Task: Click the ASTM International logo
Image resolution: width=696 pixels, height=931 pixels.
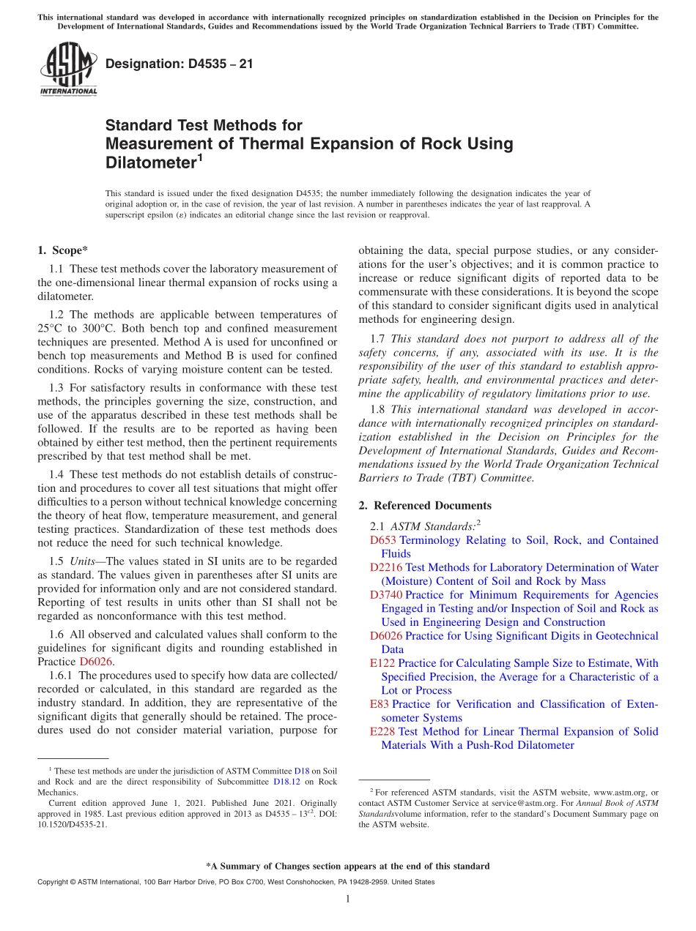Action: click(x=68, y=70)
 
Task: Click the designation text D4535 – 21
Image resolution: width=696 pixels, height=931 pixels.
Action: click(x=179, y=64)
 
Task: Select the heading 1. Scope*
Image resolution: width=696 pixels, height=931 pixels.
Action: click(x=62, y=250)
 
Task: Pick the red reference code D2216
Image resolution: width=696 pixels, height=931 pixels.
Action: click(x=386, y=567)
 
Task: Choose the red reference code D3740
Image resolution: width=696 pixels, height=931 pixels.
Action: click(x=386, y=595)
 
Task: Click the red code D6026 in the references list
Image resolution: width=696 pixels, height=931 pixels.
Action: click(x=386, y=636)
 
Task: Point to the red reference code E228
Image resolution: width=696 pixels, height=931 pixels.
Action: click(x=382, y=731)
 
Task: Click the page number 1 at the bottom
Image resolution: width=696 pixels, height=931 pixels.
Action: click(x=348, y=900)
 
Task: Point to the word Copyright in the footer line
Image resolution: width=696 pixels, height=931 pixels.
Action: click(x=56, y=882)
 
